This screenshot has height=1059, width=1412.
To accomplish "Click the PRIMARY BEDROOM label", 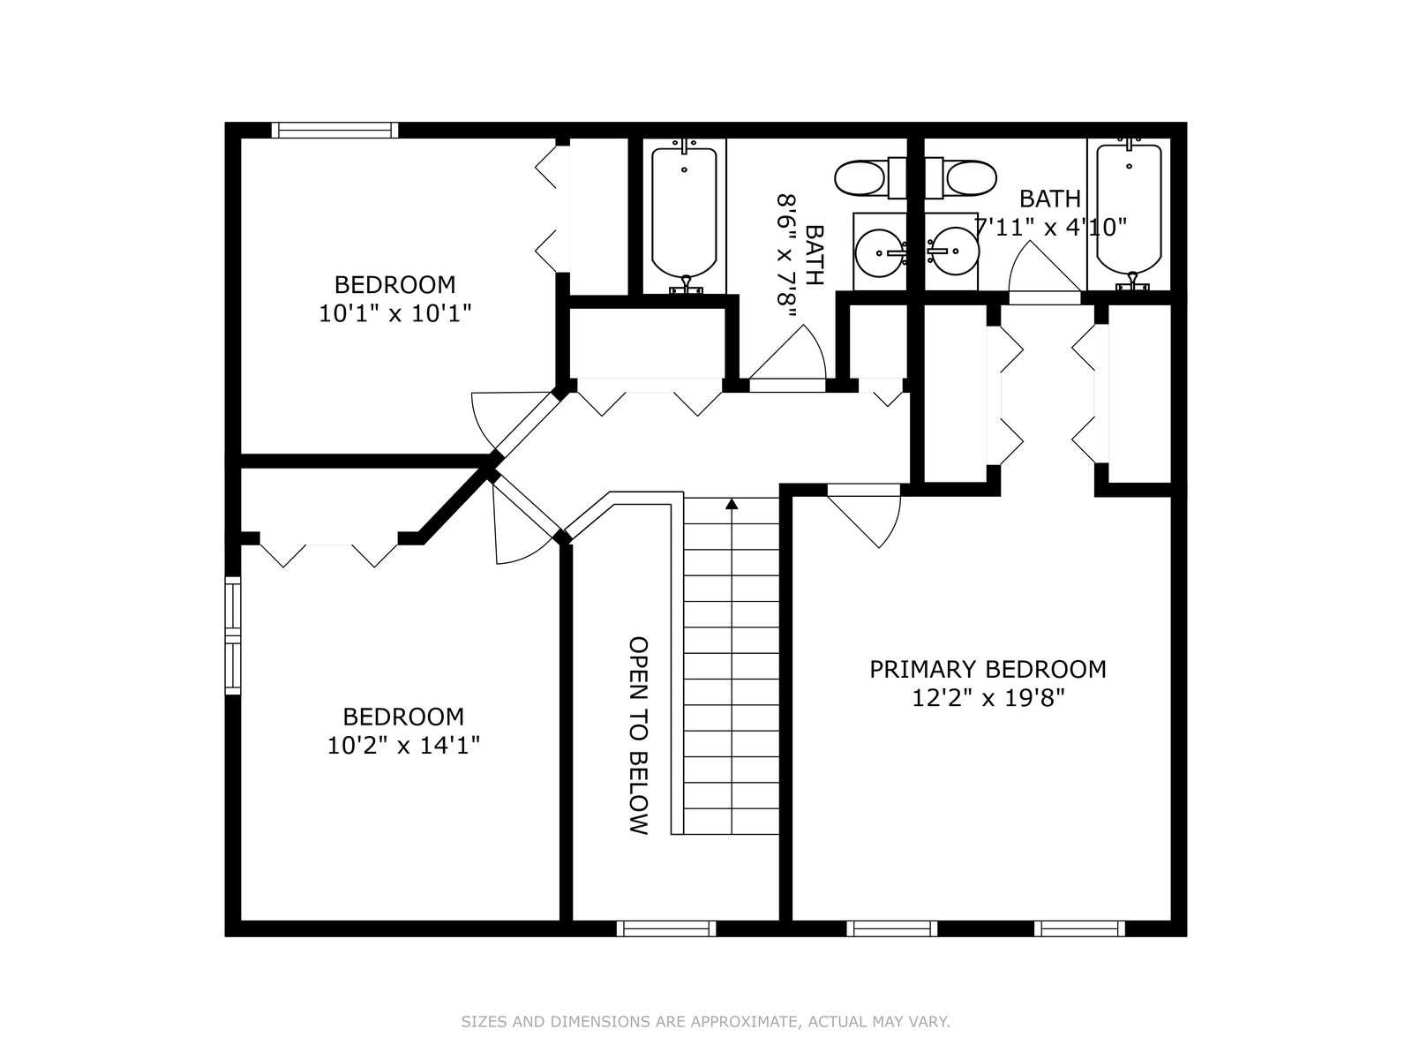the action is [x=988, y=669].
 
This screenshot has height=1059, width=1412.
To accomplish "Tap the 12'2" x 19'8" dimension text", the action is [x=988, y=698].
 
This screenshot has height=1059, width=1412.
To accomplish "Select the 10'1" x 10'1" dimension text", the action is [x=395, y=313].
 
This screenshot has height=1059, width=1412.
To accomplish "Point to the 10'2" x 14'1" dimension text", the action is [x=403, y=745].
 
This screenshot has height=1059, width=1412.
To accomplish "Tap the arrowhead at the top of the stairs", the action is [x=732, y=504].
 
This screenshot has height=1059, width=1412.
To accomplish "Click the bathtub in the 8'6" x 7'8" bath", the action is [x=685, y=217].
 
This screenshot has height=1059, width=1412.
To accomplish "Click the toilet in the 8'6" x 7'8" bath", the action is [x=870, y=177].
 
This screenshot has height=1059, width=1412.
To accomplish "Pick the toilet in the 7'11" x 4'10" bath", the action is [x=961, y=177].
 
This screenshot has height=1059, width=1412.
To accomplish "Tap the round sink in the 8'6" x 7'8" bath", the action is [x=879, y=252].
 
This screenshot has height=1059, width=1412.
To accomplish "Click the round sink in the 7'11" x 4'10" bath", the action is [x=953, y=251].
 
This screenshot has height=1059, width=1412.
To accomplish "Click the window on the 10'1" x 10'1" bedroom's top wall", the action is [x=334, y=131].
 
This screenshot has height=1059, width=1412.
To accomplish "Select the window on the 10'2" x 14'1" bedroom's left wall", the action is [x=233, y=636].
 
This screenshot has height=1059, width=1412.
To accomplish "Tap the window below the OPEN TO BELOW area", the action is [x=666, y=928].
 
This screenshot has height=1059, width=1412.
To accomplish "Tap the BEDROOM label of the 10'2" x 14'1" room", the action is [x=403, y=717].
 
